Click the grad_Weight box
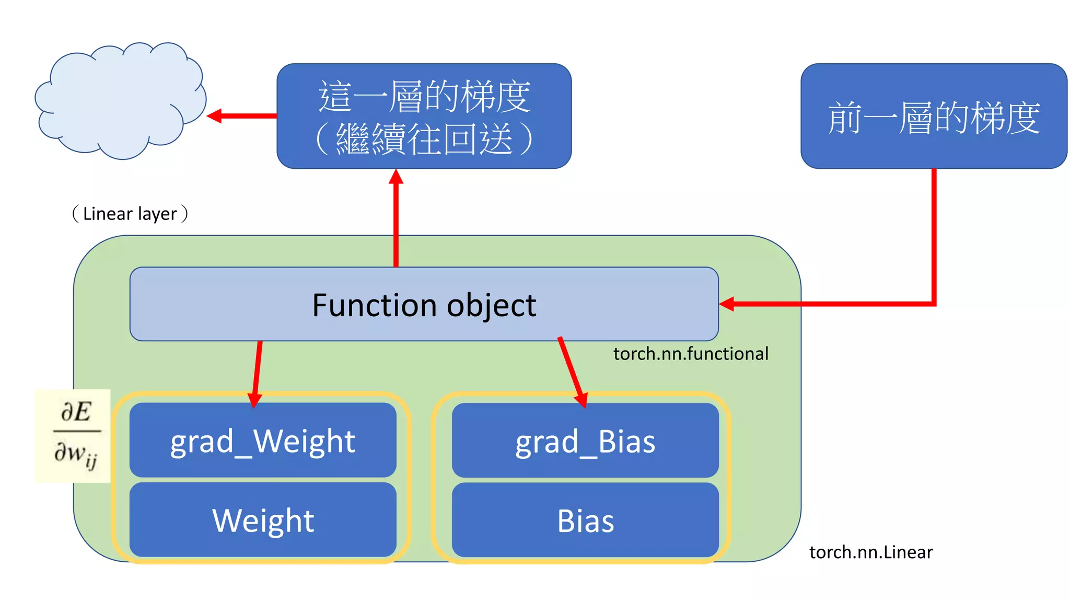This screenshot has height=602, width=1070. pos(263,440)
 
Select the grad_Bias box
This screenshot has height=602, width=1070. pos(585,440)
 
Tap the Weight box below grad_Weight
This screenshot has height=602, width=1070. pos(263,520)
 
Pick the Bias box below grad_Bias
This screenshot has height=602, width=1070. pos(585,520)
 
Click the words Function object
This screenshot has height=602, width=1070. pos(424,305)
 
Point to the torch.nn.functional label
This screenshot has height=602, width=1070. pos(690,354)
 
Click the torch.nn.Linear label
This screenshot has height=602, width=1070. pos(870,552)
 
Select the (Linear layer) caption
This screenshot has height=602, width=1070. pos(130,214)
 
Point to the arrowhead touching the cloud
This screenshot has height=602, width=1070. pos(214,115)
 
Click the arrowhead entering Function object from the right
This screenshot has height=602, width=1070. pos(727,304)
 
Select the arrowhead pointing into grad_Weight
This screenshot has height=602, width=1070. pos(254,400)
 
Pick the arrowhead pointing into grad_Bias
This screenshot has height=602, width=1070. pos(581,400)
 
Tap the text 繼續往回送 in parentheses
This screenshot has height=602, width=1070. pos(424,139)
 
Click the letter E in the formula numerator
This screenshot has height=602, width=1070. pos(83,412)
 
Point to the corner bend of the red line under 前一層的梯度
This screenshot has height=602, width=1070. pos(934,303)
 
